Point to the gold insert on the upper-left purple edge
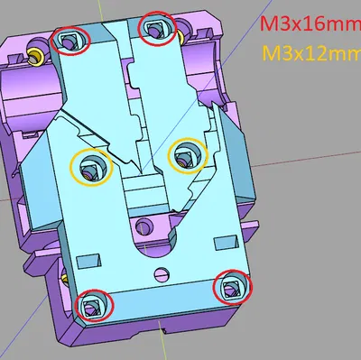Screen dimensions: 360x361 coord(35,58)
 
